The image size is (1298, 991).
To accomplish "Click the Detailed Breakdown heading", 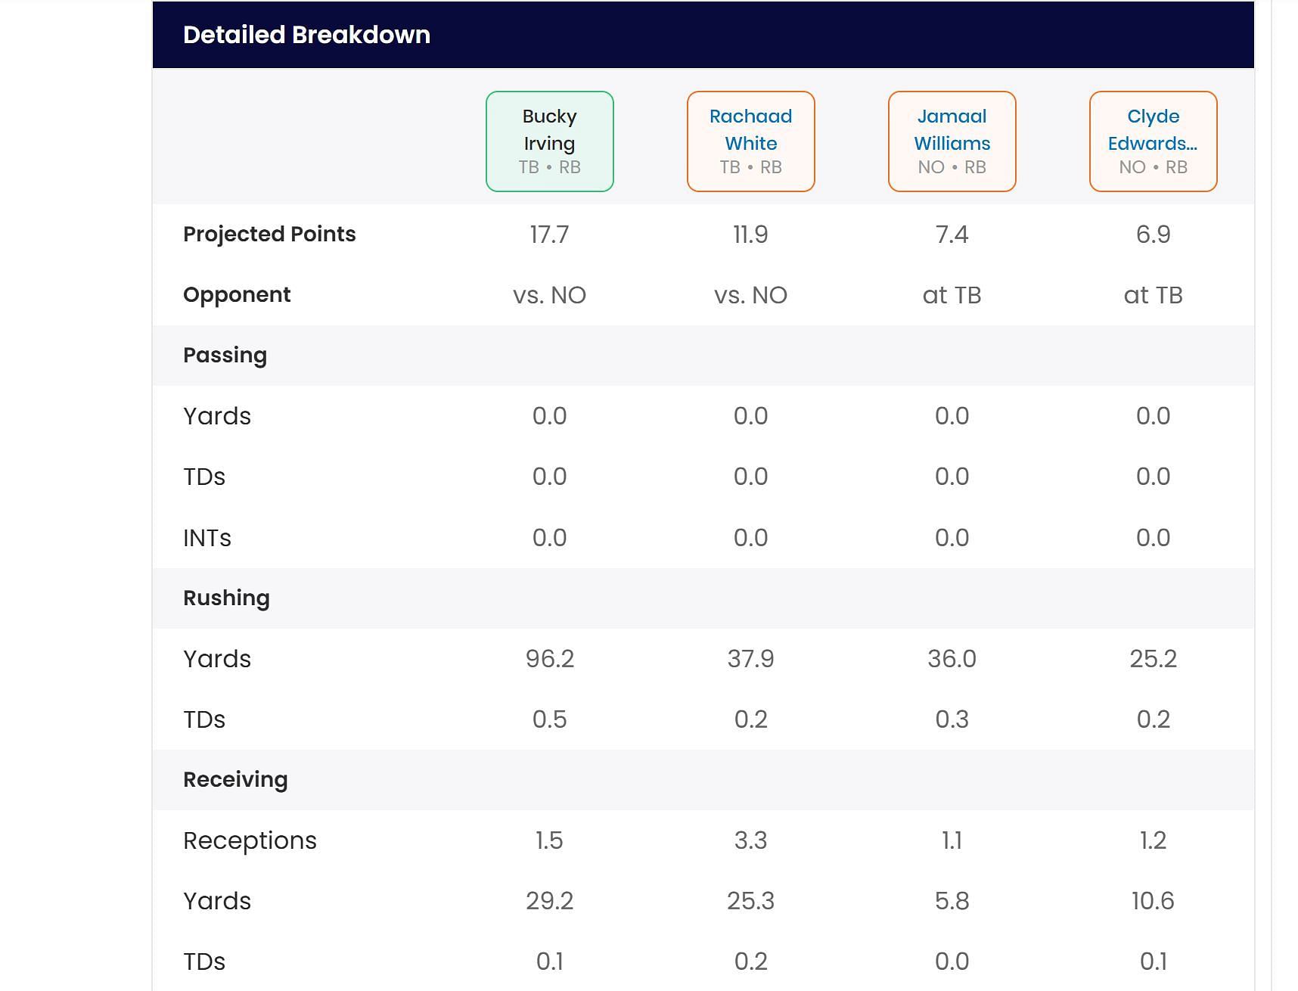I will (x=306, y=35).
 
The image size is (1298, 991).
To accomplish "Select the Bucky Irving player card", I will (x=550, y=141).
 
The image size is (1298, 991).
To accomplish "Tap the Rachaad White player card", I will (x=751, y=141).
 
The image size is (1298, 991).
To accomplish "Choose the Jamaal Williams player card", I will (x=952, y=141).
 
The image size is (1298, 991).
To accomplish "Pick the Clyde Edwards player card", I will (x=1154, y=141).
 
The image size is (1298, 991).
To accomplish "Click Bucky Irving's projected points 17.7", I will (x=550, y=235).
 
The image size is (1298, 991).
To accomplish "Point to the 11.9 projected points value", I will (x=751, y=235).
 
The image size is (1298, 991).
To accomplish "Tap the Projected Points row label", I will (x=269, y=235).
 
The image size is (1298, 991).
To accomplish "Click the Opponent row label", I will (x=237, y=295).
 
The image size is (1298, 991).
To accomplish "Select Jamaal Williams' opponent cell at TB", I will (x=952, y=295).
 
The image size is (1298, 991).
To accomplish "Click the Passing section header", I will (x=225, y=356).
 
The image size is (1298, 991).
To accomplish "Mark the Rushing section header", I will (x=226, y=598).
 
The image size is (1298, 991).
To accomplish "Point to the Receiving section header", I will (x=235, y=780).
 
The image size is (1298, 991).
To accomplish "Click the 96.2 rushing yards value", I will (x=550, y=659).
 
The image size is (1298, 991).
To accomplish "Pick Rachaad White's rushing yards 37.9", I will (x=751, y=659).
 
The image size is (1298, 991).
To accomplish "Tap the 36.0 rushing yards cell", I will (x=952, y=659).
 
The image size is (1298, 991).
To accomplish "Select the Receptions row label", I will (x=250, y=840).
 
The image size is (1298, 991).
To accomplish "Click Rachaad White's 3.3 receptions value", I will (x=751, y=840).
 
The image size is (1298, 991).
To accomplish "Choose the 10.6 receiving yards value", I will (x=1154, y=901).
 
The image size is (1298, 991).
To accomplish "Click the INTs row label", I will (x=207, y=538).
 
